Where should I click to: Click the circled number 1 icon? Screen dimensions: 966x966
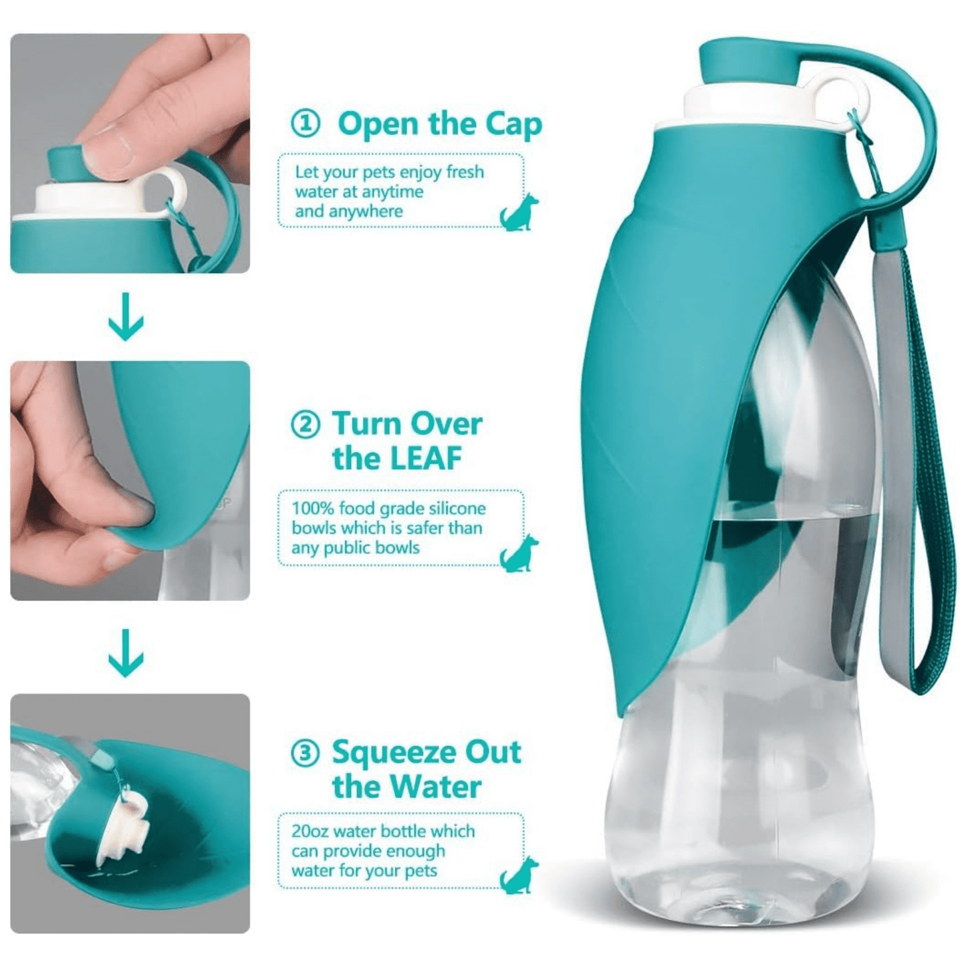point(306,124)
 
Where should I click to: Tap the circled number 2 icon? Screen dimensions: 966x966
point(306,425)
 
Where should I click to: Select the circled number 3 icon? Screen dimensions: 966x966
point(306,767)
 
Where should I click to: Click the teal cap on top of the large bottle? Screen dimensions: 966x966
point(749,65)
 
